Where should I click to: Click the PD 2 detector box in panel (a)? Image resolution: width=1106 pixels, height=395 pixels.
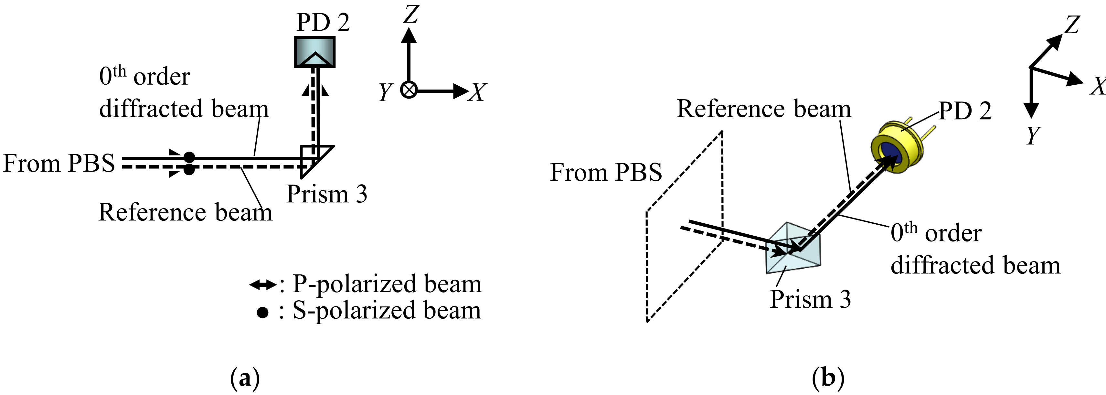(315, 52)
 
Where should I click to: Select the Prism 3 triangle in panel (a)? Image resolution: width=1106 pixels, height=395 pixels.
(317, 161)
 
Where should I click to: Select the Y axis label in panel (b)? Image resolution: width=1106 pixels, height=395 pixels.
(1033, 135)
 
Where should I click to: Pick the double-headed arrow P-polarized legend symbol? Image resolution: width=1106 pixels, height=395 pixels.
(263, 285)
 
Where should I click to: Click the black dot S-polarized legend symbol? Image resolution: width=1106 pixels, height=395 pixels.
(262, 312)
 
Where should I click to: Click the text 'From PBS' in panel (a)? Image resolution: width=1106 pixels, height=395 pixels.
(59, 164)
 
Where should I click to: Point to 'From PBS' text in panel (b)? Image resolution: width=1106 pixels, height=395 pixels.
(606, 173)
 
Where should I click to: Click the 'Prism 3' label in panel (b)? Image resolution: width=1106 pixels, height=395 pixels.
(810, 299)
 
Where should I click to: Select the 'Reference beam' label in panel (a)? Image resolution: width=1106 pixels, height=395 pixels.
(186, 212)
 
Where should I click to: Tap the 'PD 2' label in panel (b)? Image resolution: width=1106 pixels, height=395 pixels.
(965, 111)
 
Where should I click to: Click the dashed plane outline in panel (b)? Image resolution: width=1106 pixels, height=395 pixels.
(647, 266)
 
